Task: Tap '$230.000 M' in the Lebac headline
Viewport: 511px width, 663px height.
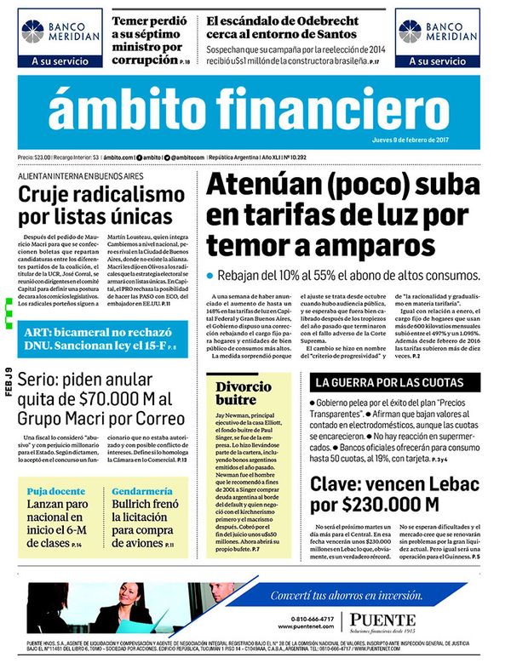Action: click(x=375, y=505)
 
